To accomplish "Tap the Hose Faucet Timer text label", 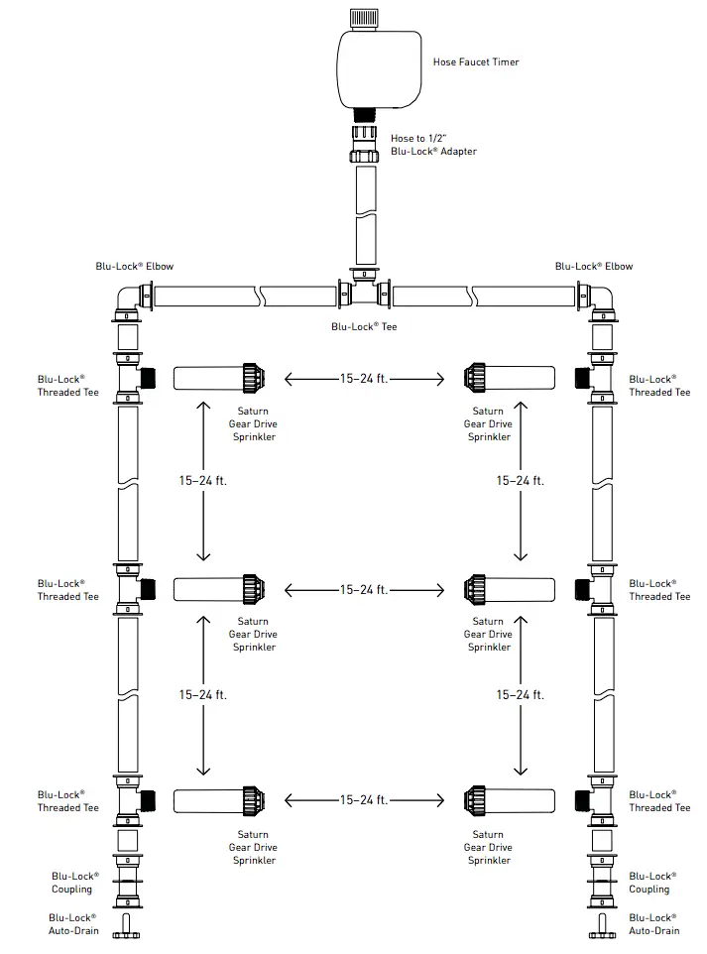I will pyautogui.click(x=476, y=62).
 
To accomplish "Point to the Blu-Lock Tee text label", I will pyautogui.click(x=364, y=326).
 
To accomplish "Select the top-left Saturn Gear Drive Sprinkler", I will pyautogui.click(x=221, y=377).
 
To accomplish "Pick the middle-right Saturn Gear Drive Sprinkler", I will pyautogui.click(x=508, y=589).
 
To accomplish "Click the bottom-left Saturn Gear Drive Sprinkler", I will pyautogui.click(x=221, y=799).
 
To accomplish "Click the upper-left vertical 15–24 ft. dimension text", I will pyautogui.click(x=203, y=481).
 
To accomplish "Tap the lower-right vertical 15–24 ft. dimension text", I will pyautogui.click(x=521, y=694).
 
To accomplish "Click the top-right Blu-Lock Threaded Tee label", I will pyautogui.click(x=659, y=386).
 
